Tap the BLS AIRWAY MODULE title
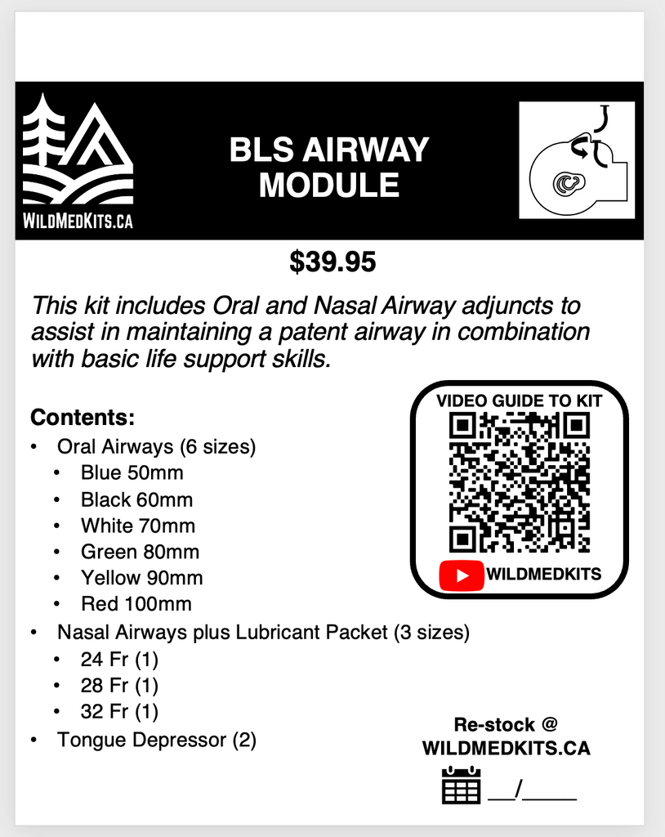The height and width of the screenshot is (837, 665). pyautogui.click(x=328, y=168)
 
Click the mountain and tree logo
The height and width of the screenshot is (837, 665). pyautogui.click(x=78, y=153)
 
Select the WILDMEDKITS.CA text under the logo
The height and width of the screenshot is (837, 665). pyautogui.click(x=78, y=220)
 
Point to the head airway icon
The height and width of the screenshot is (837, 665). pyautogui.click(x=578, y=160)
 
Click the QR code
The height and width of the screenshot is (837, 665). pyautogui.click(x=520, y=482)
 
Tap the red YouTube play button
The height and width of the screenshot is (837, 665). pyautogui.click(x=462, y=575)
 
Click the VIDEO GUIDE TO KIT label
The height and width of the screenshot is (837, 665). pyautogui.click(x=520, y=401)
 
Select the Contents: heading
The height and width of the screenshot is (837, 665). pyautogui.click(x=82, y=418)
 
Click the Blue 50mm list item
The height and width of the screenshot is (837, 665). pyautogui.click(x=132, y=473)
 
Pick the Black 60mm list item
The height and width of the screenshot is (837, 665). pyautogui.click(x=136, y=499)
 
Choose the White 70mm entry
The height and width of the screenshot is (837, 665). pyautogui.click(x=138, y=526)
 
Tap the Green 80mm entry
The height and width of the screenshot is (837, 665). pyautogui.click(x=140, y=552)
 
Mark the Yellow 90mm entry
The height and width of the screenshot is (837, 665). pyautogui.click(x=141, y=578)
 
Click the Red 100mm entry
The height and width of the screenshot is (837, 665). pyautogui.click(x=136, y=604)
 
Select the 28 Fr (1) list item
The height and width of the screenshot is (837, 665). pyautogui.click(x=119, y=684)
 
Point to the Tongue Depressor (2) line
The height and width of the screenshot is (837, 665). pyautogui.click(x=156, y=741)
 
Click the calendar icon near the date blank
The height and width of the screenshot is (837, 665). pyautogui.click(x=461, y=786)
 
